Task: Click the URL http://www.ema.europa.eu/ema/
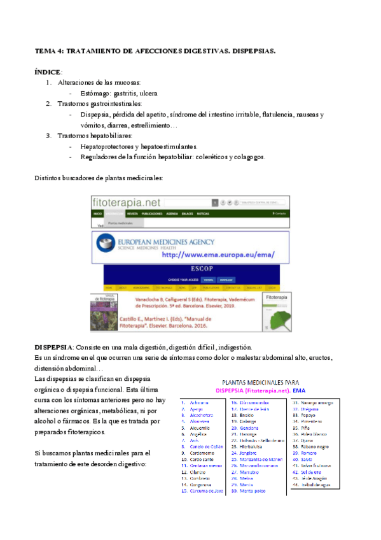click(x=218, y=255)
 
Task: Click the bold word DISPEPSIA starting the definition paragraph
click(x=53, y=347)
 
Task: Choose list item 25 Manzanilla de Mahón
click(x=261, y=460)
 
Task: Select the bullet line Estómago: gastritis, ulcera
click(x=122, y=92)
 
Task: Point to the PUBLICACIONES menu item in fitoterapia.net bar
click(x=153, y=214)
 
